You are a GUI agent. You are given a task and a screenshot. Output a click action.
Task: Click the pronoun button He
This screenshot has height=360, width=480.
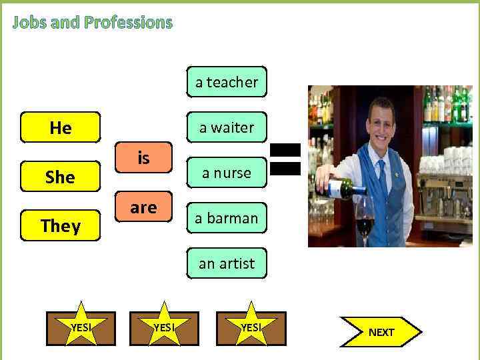pyautogui.click(x=61, y=127)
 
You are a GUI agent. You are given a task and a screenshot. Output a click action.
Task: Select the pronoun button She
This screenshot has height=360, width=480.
pyautogui.click(x=61, y=177)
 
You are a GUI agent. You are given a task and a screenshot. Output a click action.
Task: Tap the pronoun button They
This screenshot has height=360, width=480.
pyautogui.click(x=61, y=226)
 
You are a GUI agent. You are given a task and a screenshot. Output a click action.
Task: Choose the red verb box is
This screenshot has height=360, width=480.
pyautogui.click(x=143, y=159)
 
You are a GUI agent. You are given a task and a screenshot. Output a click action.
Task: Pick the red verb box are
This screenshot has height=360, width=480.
pyautogui.click(x=143, y=208)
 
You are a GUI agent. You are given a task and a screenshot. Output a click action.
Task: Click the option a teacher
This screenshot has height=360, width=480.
pyautogui.click(x=227, y=82)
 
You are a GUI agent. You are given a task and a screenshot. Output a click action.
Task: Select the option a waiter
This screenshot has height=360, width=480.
pyautogui.click(x=227, y=127)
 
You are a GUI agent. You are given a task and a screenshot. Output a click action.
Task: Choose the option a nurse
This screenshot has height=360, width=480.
pyautogui.click(x=227, y=173)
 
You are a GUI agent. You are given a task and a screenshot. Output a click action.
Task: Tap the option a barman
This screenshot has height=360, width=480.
pyautogui.click(x=227, y=218)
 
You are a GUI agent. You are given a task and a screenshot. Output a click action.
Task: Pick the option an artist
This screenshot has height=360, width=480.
pyautogui.click(x=227, y=263)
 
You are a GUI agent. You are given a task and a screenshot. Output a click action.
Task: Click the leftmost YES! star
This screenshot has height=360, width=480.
pyautogui.click(x=81, y=327)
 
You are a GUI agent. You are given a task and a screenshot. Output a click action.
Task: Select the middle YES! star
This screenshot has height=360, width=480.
pyautogui.click(x=163, y=327)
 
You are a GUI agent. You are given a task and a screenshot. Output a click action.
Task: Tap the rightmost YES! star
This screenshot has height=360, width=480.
pyautogui.click(x=251, y=327)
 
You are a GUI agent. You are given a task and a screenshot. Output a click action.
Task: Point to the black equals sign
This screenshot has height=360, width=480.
pyautogui.click(x=285, y=159)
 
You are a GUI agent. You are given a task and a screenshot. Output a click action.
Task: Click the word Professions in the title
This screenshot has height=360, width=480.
pyautogui.click(x=128, y=23)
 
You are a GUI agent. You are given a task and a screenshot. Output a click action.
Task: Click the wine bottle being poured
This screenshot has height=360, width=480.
pyautogui.click(x=343, y=189)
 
